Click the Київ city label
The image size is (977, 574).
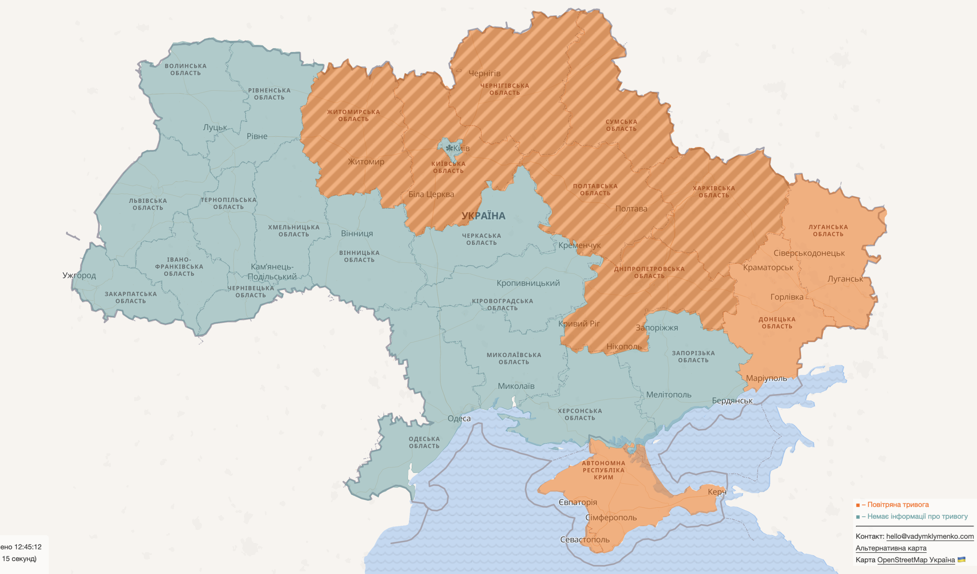click(461, 148)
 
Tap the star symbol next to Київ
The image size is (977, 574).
click(449, 148)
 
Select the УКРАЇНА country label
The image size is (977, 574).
click(483, 216)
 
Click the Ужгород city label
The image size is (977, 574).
click(79, 275)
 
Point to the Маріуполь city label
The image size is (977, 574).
click(766, 378)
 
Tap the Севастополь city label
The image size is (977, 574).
click(585, 540)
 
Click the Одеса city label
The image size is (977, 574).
click(459, 418)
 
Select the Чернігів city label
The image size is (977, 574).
click(484, 73)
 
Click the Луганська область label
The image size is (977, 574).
click(828, 230)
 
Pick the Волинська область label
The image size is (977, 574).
click(185, 70)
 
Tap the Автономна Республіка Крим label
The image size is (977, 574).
click(603, 470)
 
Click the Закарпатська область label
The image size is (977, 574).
click(131, 297)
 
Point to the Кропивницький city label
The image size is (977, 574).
click(528, 283)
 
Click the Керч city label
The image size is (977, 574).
click(717, 492)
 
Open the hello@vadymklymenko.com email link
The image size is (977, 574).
click(930, 536)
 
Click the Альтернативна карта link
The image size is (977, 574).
click(891, 548)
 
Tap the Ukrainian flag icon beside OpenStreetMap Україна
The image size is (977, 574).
click(961, 559)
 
